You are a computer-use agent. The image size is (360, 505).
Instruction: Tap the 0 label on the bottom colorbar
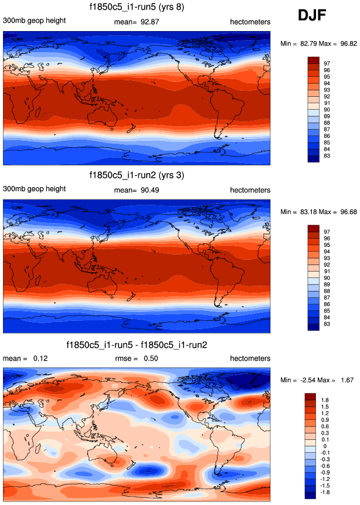tap(325, 446)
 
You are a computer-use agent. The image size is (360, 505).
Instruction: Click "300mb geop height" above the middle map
tap(35, 190)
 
